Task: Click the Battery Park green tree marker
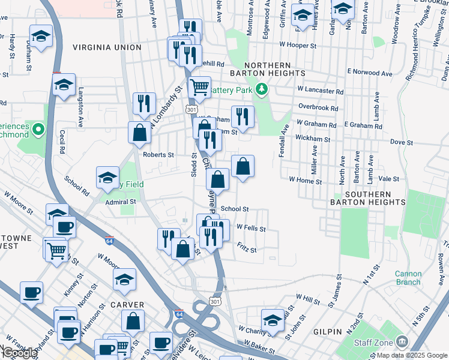(x=261, y=90)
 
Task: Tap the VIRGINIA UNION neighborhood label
(x=107, y=47)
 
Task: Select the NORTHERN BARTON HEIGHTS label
(x=268, y=69)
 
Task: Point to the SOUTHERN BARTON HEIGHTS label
(x=368, y=199)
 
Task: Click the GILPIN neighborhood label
(x=327, y=331)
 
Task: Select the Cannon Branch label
(x=408, y=278)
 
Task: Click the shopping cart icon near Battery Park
(x=199, y=86)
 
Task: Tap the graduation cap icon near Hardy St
(x=41, y=35)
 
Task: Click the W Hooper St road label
(x=297, y=46)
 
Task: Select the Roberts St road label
(x=158, y=154)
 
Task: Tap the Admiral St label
(x=117, y=203)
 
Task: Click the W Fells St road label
(x=251, y=228)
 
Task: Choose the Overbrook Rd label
(x=318, y=109)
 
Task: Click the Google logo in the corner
(x=20, y=353)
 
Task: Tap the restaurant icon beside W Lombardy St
(x=144, y=103)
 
